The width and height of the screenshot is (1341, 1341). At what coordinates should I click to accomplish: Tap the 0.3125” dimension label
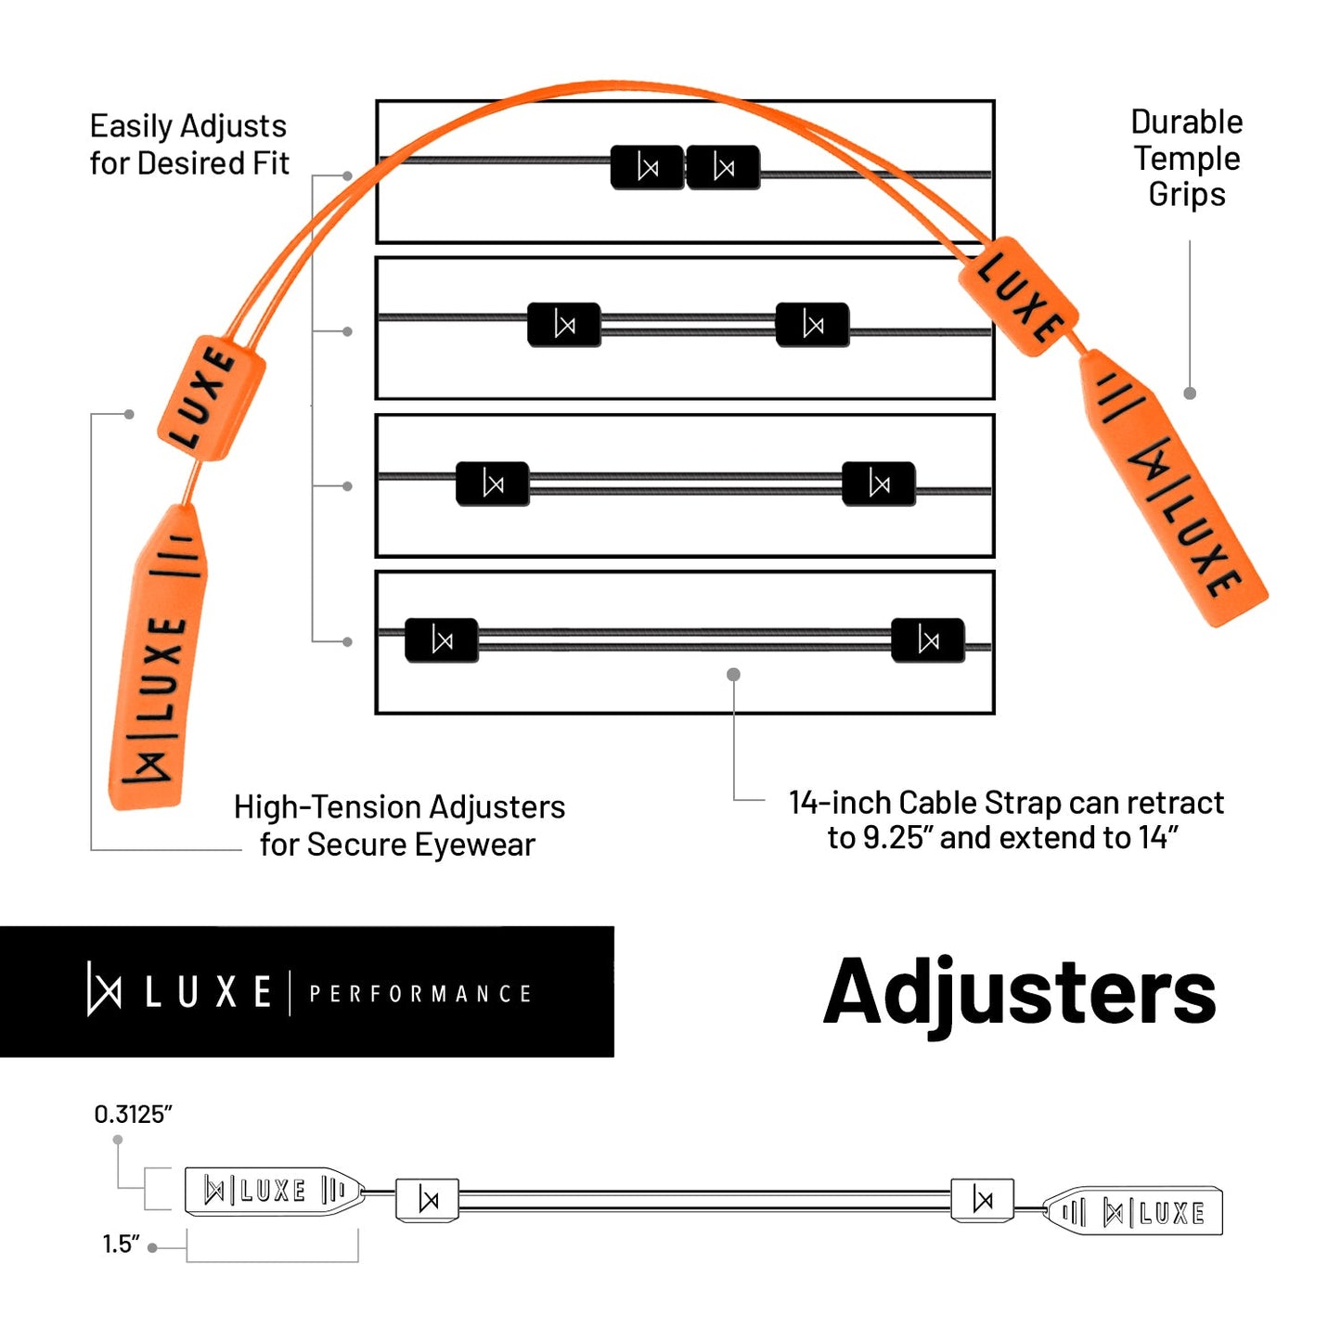tap(134, 1115)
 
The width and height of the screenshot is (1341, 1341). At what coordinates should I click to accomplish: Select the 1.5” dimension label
tap(121, 1244)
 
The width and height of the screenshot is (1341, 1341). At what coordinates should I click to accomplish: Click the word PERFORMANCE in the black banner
tap(419, 994)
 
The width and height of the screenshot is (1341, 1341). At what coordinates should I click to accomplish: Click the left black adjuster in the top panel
tap(648, 168)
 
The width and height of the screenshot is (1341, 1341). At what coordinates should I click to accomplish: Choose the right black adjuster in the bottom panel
tap(927, 639)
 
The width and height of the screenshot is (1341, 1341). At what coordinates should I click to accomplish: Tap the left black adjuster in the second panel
tap(564, 325)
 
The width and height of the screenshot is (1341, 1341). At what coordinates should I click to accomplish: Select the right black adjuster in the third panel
tap(878, 484)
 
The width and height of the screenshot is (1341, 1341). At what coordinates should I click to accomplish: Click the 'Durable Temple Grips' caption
tap(1186, 158)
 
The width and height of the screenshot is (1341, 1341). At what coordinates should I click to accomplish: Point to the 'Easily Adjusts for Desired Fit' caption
tap(189, 144)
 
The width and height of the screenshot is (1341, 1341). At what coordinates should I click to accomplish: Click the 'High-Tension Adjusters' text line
tap(399, 807)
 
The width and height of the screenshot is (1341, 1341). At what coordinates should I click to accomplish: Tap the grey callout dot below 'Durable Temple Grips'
tap(1190, 393)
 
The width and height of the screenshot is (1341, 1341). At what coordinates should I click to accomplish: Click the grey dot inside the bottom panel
tap(733, 675)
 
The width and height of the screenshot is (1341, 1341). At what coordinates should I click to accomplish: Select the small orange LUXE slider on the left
tap(211, 397)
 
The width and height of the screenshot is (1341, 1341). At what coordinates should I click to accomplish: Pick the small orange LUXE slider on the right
tap(1018, 295)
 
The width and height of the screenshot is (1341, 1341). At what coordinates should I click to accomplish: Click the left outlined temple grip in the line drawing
tap(272, 1191)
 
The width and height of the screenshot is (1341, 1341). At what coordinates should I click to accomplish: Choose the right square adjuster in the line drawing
tap(982, 1200)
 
